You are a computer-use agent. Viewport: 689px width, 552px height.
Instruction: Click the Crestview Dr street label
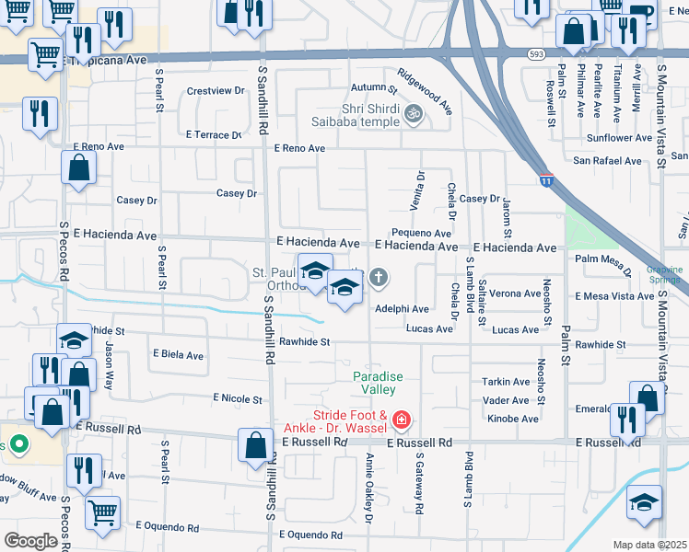(215, 91)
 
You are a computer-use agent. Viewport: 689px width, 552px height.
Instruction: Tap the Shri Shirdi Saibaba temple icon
(415, 113)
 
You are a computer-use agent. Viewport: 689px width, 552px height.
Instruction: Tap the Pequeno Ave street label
(419, 234)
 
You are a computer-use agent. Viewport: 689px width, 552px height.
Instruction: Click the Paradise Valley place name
(380, 384)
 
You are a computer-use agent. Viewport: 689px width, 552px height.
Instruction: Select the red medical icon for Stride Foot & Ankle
(401, 421)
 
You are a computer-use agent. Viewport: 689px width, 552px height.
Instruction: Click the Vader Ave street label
(506, 400)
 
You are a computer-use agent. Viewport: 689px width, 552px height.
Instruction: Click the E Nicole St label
(237, 398)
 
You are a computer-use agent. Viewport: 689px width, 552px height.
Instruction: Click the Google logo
(30, 541)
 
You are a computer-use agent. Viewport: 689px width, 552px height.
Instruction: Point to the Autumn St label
(373, 89)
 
